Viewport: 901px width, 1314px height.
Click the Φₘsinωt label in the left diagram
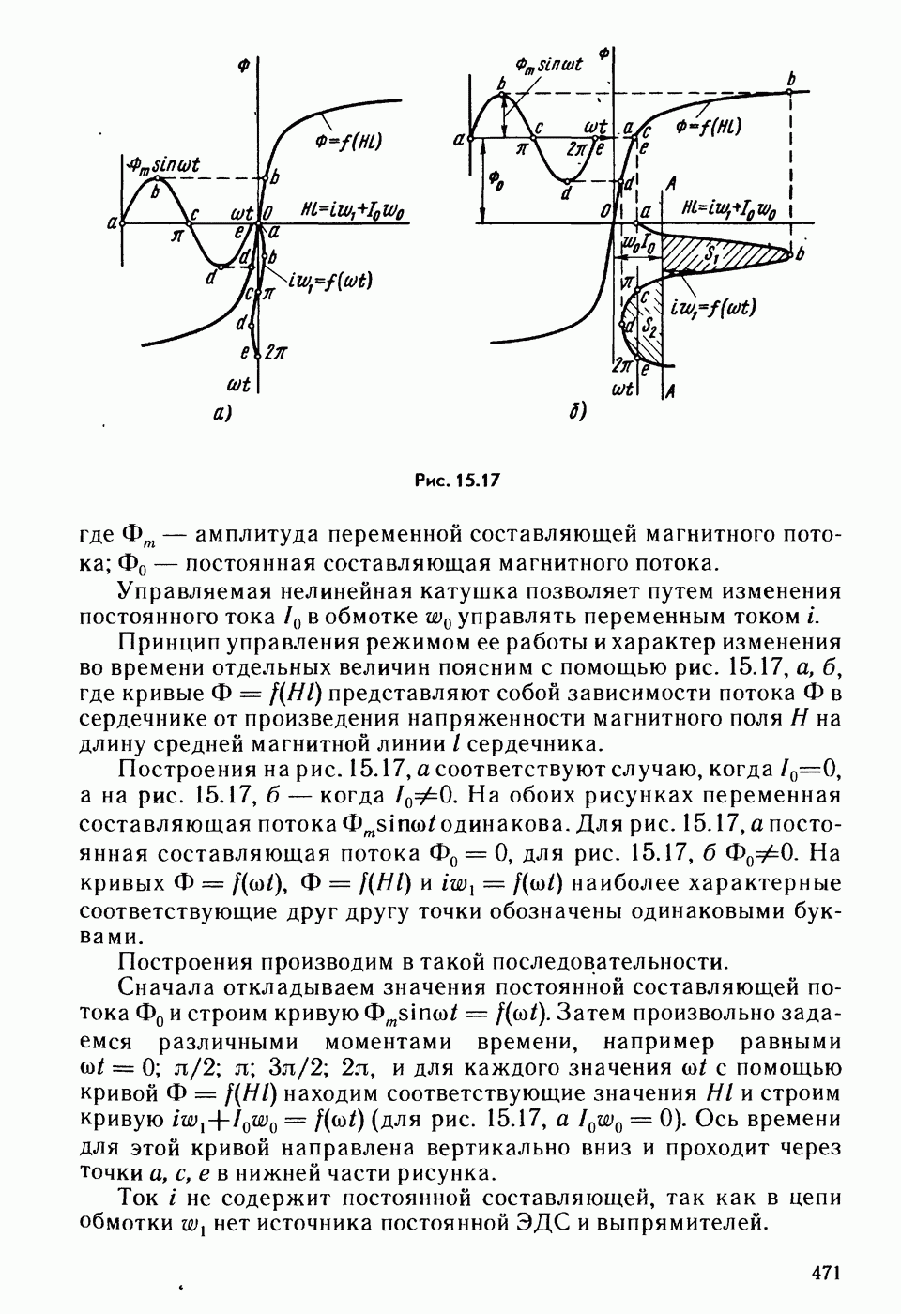[165, 166]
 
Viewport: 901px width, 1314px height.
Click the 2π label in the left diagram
[275, 353]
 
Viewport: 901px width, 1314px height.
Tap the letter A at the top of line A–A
[669, 182]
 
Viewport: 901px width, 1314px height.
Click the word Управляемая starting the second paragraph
[194, 591]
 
